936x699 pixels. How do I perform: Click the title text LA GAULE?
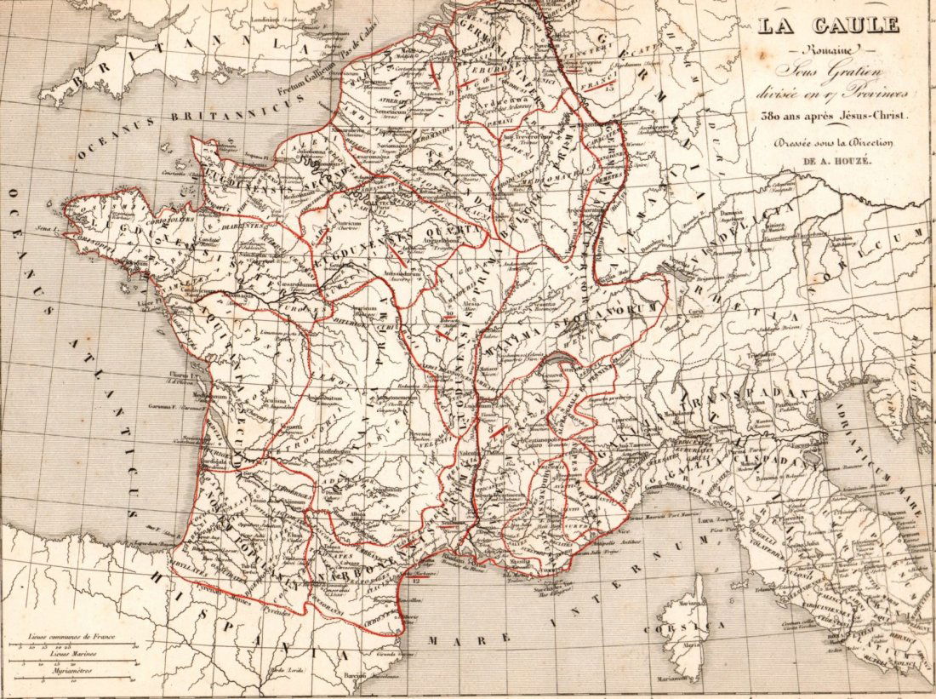tap(828, 26)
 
